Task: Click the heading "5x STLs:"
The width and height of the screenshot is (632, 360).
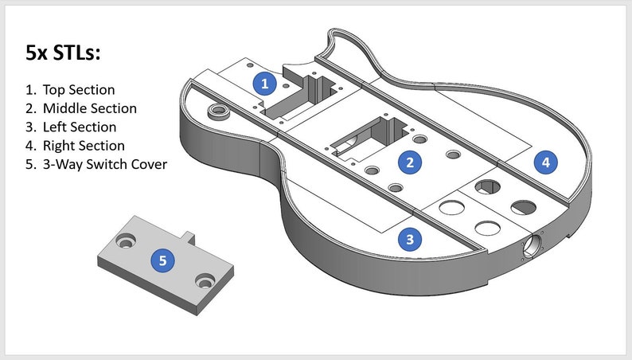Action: [x=63, y=53]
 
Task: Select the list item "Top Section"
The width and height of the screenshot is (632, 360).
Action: [x=79, y=89]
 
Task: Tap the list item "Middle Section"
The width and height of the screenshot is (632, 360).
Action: [x=89, y=108]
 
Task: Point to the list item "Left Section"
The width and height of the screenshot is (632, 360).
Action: [x=80, y=127]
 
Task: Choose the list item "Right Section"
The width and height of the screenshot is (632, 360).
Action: [x=84, y=145]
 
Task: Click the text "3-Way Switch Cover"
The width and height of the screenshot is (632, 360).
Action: [x=105, y=164]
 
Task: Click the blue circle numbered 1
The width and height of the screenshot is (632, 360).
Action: [x=264, y=84]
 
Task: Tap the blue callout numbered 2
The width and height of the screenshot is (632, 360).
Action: [x=410, y=162]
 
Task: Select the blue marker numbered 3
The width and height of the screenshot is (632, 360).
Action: [x=410, y=239]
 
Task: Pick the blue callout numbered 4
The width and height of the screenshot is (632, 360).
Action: [x=546, y=162]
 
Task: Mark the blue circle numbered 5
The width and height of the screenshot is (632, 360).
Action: [x=162, y=260]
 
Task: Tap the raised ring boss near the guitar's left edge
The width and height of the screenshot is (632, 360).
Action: [x=218, y=111]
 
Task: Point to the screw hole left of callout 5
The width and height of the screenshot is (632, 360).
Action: [x=126, y=241]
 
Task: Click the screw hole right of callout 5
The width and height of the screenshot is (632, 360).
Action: [x=205, y=280]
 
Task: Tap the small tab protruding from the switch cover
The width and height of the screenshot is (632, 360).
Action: [x=189, y=238]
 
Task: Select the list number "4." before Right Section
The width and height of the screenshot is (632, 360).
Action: [x=31, y=145]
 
